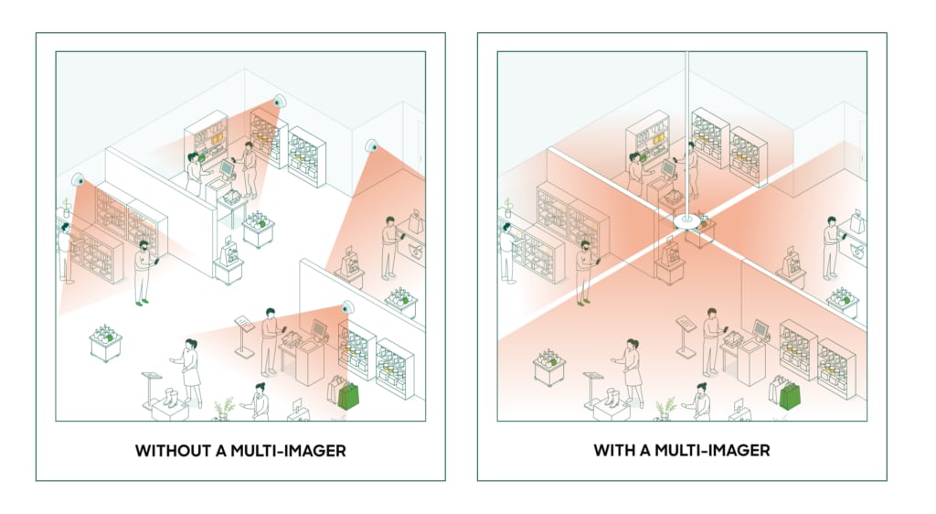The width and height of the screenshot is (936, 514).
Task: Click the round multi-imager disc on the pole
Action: click(686, 222)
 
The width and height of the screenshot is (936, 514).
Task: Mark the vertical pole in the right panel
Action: click(686, 134)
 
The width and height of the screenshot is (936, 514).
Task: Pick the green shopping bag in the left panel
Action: click(348, 395)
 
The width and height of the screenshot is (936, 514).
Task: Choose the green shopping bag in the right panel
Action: click(790, 395)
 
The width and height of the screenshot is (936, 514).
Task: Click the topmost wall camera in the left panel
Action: click(279, 102)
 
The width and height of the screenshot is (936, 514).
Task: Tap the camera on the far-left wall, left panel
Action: click(78, 179)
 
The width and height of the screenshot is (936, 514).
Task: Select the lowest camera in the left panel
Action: click(346, 308)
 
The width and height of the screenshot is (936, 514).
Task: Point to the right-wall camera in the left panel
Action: click(372, 145)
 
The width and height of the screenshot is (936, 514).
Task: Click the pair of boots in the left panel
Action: click(170, 398)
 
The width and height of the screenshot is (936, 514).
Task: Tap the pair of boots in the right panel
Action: click(612, 398)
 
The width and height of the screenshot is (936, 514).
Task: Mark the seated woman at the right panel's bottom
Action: click(698, 402)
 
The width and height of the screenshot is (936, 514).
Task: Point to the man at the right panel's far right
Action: click(832, 248)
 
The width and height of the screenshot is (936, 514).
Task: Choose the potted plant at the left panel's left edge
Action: click(66, 209)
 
